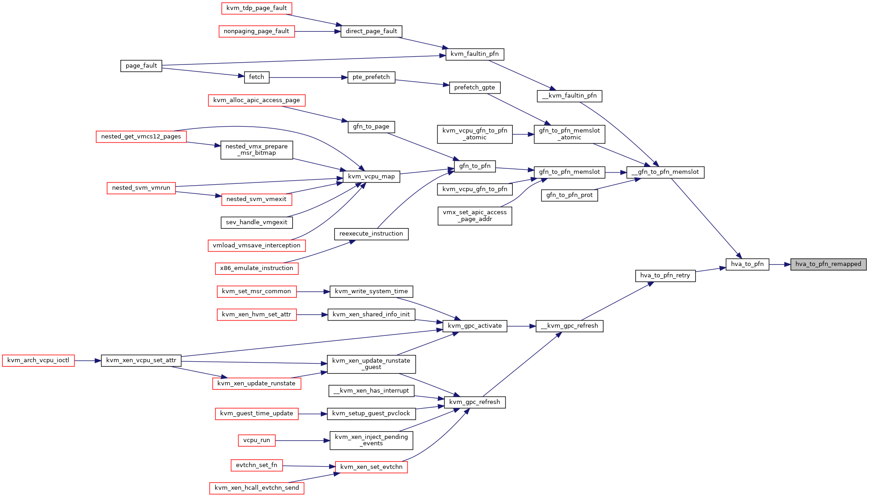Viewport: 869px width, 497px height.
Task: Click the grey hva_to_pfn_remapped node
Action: click(828, 264)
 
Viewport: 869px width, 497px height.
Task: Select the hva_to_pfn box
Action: click(747, 264)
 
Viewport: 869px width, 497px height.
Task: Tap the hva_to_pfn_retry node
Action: click(665, 276)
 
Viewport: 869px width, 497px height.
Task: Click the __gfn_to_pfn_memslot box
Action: click(665, 172)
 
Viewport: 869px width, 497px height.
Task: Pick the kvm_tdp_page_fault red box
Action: click(256, 8)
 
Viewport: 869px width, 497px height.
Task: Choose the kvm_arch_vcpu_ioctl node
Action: click(38, 360)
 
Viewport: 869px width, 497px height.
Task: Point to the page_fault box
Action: click(141, 66)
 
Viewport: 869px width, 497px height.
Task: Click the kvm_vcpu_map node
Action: click(371, 177)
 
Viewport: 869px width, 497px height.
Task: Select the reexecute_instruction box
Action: click(371, 234)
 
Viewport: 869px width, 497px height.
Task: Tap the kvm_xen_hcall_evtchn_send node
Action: click(257, 488)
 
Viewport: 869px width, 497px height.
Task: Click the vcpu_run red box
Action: click(256, 440)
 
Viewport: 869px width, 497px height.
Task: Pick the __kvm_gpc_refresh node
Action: click(570, 326)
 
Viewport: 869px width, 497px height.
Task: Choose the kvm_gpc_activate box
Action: click(475, 326)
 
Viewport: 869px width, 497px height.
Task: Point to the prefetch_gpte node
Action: click(475, 88)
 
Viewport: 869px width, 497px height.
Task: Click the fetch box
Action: click(256, 77)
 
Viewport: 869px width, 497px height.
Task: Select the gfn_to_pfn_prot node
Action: click(570, 195)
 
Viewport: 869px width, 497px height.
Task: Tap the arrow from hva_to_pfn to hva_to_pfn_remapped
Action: click(780, 264)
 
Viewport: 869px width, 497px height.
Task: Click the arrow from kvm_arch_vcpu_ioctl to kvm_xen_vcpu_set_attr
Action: click(88, 360)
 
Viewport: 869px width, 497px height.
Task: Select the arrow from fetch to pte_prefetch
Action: click(308, 78)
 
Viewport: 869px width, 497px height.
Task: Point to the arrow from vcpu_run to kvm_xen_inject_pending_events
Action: click(302, 441)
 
